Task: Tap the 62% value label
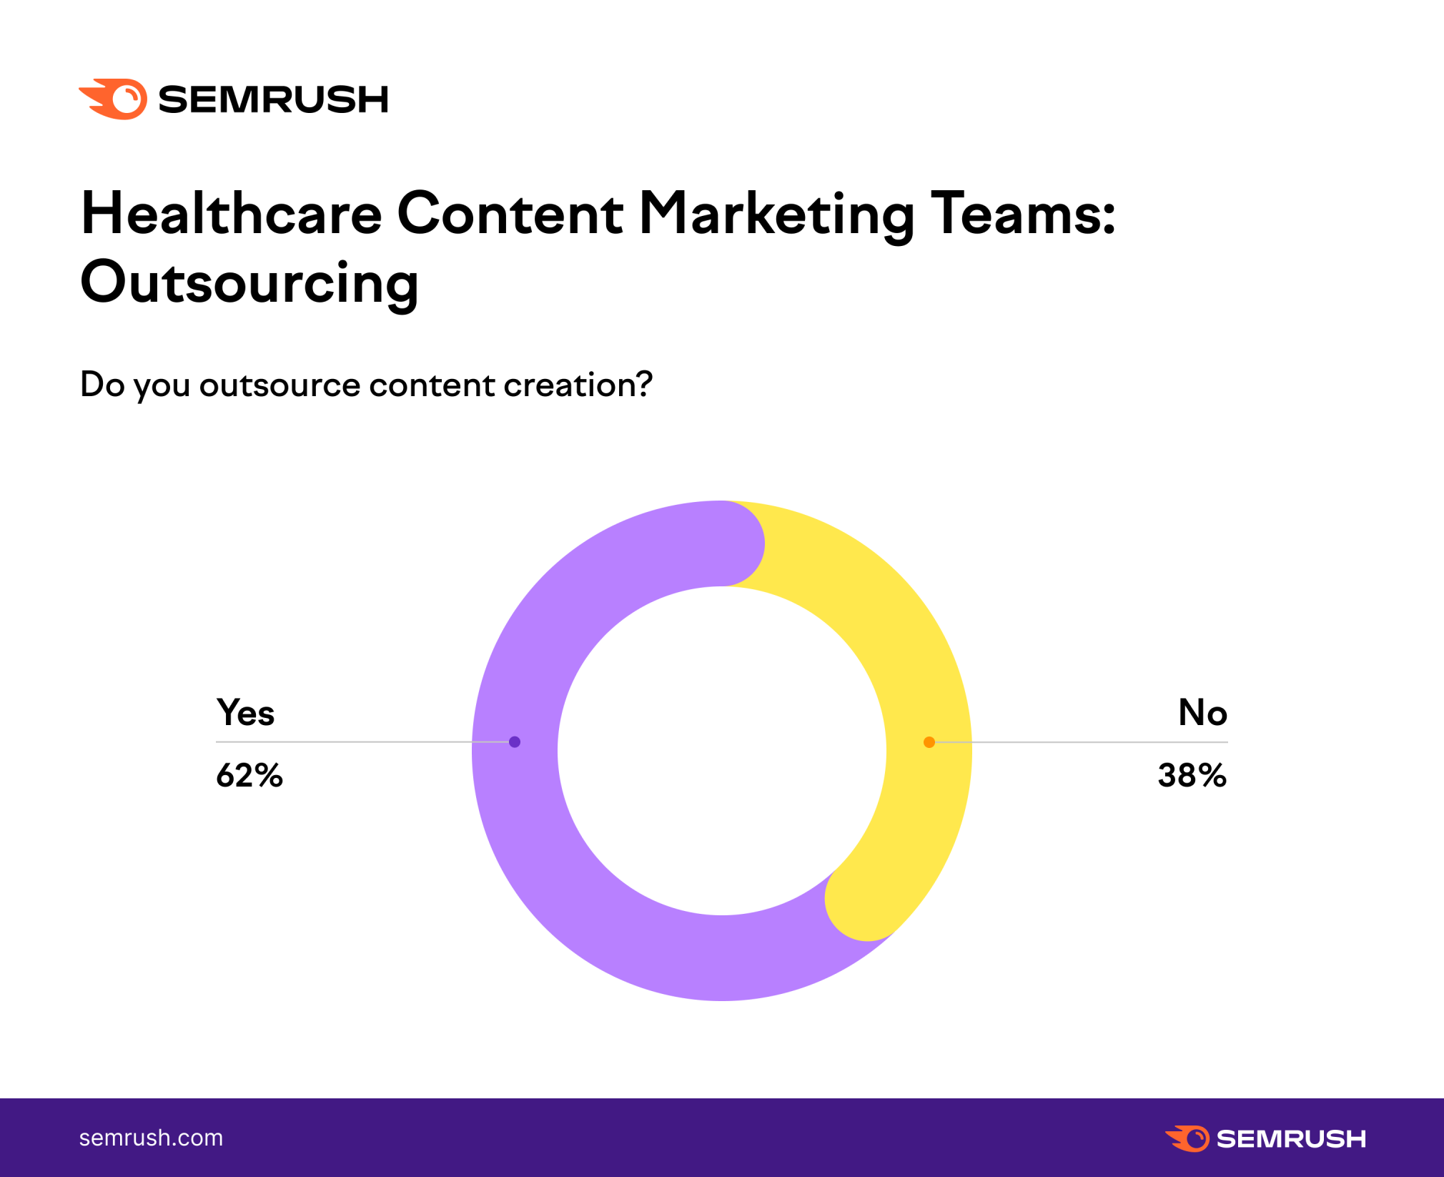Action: coord(249,776)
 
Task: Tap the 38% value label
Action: coord(1192,776)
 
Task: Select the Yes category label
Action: coord(245,713)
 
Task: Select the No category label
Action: coord(1202,713)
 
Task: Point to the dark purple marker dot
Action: coord(515,742)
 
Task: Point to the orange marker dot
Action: coord(929,742)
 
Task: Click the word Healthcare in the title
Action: coord(232,214)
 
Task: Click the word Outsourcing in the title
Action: coord(249,282)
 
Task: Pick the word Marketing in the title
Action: coord(776,214)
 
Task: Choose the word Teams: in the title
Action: coord(1022,214)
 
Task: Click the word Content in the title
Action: coord(510,214)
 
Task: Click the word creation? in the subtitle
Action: coord(578,385)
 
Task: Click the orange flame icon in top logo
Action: coord(114,99)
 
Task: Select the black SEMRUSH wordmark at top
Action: coord(273,99)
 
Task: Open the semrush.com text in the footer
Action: coord(151,1138)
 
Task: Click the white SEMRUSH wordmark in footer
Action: coord(1291,1138)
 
